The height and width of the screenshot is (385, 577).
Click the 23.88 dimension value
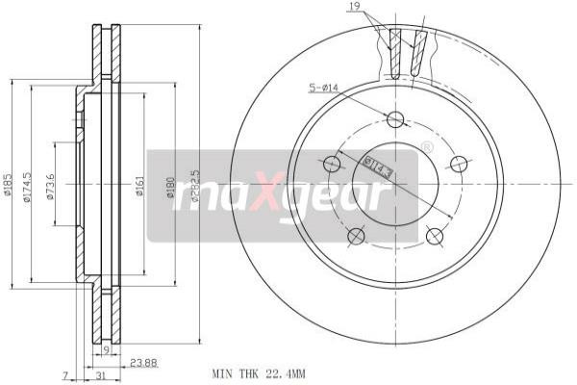pos(143,363)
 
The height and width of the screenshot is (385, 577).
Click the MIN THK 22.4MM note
pos(258,372)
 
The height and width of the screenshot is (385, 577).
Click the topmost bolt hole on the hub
pos(394,119)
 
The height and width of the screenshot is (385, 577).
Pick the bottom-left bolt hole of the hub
pos(356,236)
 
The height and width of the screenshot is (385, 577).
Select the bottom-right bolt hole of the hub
pos(433,236)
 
